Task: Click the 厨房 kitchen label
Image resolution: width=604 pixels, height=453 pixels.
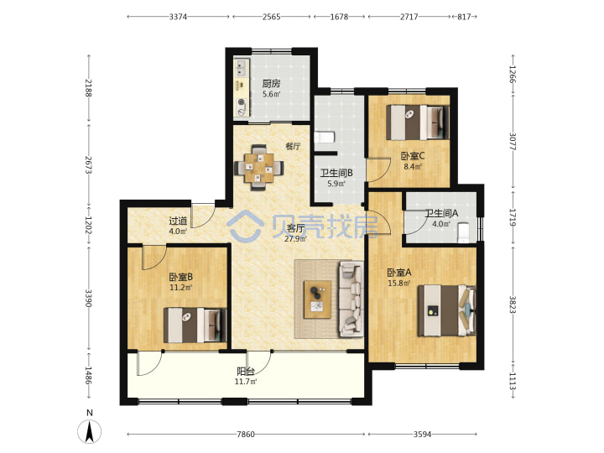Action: [271, 83]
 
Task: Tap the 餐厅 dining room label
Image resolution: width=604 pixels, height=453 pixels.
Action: [293, 146]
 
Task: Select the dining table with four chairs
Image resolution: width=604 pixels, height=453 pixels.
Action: [259, 168]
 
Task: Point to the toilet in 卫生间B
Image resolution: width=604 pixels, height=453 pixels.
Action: [325, 138]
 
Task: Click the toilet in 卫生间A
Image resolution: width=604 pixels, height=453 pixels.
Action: [463, 232]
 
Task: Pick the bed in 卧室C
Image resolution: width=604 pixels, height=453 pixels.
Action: [418, 122]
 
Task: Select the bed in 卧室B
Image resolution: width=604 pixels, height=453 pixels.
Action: [195, 325]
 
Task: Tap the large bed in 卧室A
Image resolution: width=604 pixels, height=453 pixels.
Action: [447, 310]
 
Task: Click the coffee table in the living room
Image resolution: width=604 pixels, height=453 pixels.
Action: [317, 299]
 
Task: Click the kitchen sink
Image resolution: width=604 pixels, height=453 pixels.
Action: [242, 68]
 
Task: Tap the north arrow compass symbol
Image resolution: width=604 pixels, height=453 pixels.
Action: [90, 431]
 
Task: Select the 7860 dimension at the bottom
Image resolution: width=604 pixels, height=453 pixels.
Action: [246, 435]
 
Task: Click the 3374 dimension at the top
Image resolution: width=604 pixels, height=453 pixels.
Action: [178, 17]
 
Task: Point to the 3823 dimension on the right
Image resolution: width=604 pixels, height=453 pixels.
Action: [513, 305]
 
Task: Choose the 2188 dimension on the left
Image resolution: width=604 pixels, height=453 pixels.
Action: [89, 88]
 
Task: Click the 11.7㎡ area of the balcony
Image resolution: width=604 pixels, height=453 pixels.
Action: [246, 382]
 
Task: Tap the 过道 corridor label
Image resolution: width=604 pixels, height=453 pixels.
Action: [178, 221]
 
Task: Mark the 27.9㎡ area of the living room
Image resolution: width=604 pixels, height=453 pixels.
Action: [295, 239]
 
